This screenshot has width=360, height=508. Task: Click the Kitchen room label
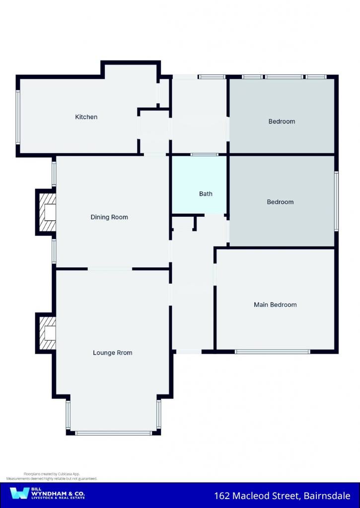pos(86,117)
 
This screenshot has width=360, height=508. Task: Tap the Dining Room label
pos(109,217)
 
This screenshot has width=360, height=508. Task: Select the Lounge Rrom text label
pos(113,353)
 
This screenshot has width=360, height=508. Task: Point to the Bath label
pos(206,194)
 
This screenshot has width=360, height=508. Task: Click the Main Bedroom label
pos(276,305)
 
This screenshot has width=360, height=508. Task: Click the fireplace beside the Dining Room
pos(46,212)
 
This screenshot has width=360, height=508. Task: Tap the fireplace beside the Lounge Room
pos(46,333)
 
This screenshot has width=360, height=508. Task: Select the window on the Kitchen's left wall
pos(18,117)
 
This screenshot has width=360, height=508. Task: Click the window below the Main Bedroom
pos(273,352)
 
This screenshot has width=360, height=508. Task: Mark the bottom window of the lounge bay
pos(113,433)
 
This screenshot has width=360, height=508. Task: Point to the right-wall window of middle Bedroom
pos(336,201)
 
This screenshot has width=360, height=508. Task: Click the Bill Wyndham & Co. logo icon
pos(19,493)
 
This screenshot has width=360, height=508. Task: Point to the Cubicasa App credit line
pos(52,474)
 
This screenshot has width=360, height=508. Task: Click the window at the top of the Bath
pos(204,155)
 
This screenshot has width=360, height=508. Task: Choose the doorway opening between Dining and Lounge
pos(110,269)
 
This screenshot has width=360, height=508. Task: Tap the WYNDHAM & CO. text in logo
pos(58,494)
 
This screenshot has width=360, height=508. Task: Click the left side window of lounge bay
pos(68,415)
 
